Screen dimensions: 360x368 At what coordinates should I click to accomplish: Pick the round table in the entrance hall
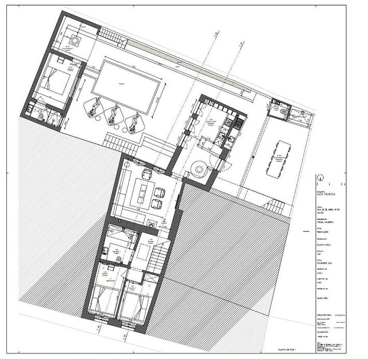pos(199,168)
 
